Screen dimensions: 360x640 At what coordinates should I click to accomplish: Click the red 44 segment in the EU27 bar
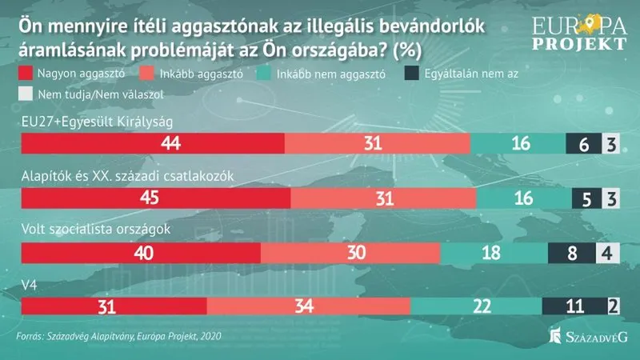[x=152, y=144]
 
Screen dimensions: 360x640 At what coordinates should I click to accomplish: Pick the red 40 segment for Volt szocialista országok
[x=141, y=253]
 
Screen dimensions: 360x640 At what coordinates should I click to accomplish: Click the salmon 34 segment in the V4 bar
[x=308, y=307]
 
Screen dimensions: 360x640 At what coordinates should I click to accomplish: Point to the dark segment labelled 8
[x=571, y=253]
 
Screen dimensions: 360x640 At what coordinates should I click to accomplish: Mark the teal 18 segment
[x=493, y=253]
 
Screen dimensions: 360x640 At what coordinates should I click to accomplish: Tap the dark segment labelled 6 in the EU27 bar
[x=582, y=144]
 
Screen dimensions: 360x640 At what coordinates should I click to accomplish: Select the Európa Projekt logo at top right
[x=571, y=30]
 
